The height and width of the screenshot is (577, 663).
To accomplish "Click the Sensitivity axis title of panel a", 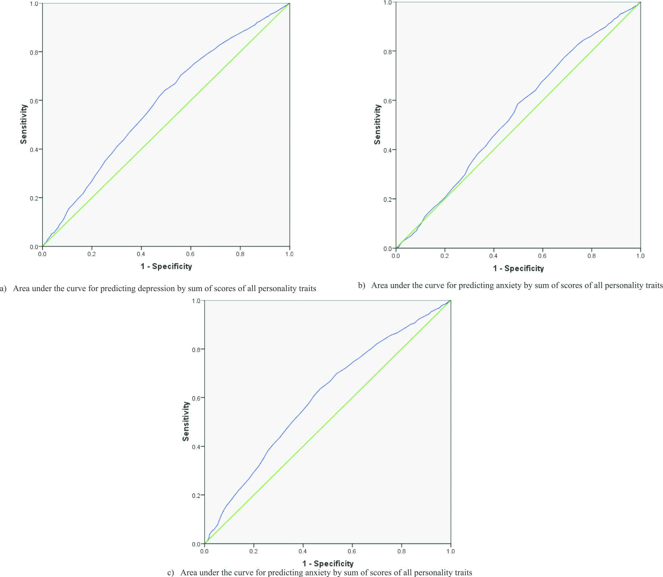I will pos(24,124).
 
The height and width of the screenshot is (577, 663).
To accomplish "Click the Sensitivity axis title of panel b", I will pos(377,124).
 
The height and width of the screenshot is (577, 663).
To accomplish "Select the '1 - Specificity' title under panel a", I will pos(166,267).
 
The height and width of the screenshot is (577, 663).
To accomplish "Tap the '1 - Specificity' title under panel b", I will pos(518,268).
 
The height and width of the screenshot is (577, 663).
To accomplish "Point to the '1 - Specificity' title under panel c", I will pos(328,563).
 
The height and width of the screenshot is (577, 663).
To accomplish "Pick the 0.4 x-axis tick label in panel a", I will pos(141,254).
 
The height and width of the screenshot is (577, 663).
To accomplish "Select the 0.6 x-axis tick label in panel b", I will pos(542,256).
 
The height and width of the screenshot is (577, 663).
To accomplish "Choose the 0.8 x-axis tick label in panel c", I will pos(401,551).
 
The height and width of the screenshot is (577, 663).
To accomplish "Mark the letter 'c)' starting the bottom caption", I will pos(171,572).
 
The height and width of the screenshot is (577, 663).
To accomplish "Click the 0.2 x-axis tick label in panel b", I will pos(445,256).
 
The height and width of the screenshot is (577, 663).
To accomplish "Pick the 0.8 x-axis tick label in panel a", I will pos(240,254).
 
